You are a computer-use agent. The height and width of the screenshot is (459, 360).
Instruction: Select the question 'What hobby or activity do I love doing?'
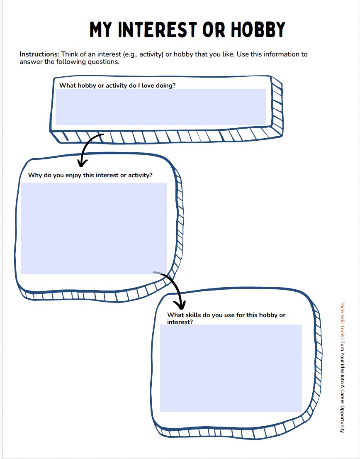(117, 85)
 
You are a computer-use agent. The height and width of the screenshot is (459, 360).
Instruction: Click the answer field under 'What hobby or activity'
(161, 107)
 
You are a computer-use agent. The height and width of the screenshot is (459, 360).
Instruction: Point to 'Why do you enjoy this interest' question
(90, 175)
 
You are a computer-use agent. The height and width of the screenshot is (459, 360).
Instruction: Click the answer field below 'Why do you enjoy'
(94, 228)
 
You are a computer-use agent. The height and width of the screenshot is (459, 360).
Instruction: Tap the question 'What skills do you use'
(226, 315)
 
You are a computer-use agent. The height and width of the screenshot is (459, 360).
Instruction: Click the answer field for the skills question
(231, 368)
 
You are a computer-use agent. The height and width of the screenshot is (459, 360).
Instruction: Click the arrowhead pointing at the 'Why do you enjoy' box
(82, 161)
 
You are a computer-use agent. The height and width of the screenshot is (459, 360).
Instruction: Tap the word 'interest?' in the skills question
(180, 322)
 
